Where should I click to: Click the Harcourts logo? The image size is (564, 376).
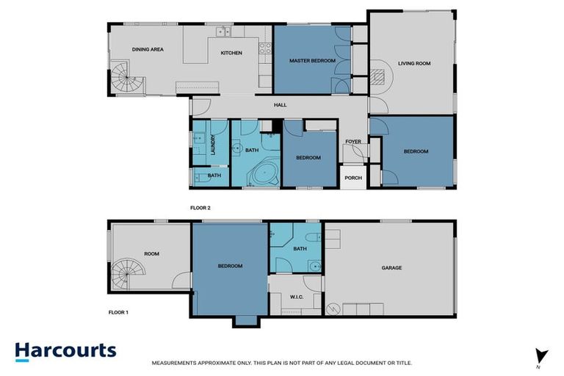tap(65, 350)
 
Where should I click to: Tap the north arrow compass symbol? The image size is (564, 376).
tap(542, 355)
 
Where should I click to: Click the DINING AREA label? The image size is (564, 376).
tap(148, 49)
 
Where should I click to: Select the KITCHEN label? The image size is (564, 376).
tap(231, 52)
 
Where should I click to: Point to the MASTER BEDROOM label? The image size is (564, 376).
tap(313, 60)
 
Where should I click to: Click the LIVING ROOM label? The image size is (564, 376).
tap(414, 63)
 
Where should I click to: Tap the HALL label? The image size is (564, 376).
tap(280, 105)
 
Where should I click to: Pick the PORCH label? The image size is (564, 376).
tap(353, 177)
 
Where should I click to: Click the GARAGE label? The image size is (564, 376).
tap(391, 267)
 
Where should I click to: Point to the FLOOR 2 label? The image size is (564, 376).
tap(200, 208)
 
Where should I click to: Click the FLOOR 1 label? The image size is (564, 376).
tap(118, 312)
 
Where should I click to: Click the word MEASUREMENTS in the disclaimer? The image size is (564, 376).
tap(175, 363)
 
